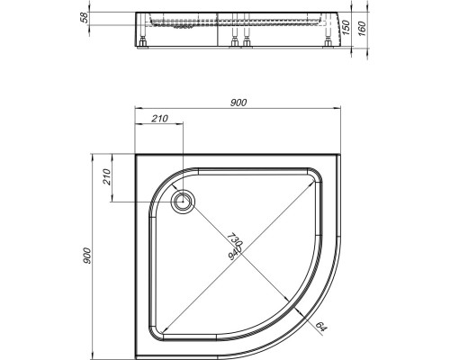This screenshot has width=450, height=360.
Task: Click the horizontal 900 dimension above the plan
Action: tap(238, 103)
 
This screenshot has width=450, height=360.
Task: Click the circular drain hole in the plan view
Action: tap(183, 202)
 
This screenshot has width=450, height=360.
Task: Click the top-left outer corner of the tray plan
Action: tap(135, 153)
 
